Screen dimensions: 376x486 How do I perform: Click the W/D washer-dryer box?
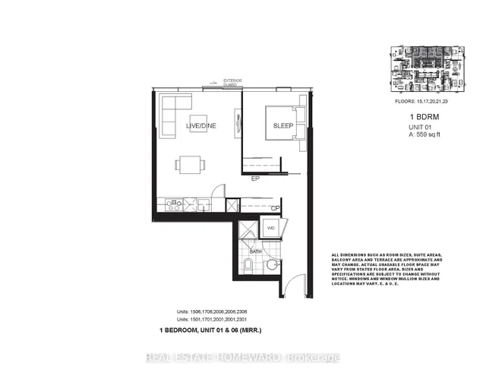coord(270,226)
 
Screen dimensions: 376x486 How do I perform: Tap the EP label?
coord(257,179)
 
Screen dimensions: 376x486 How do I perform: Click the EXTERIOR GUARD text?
coord(226,81)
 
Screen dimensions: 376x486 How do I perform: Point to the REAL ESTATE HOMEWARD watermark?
coord(242,358)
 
